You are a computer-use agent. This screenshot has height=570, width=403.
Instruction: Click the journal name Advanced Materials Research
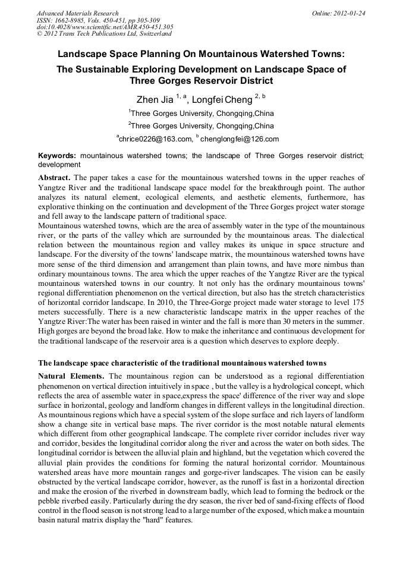[x=77, y=13]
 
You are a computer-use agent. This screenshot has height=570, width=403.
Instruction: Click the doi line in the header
[x=105, y=27]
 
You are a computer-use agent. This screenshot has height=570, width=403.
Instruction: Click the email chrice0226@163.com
[x=156, y=139]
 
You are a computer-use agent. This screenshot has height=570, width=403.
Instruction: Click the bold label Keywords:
[x=57, y=156]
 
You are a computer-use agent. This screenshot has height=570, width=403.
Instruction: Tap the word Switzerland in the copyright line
[x=153, y=34]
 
